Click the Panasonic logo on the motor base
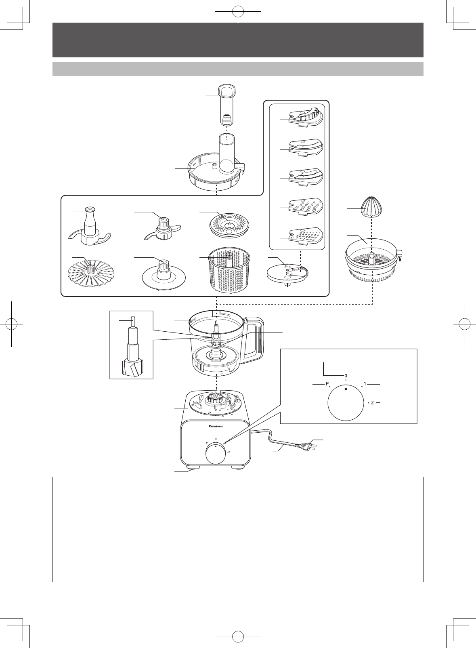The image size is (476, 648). [x=215, y=426]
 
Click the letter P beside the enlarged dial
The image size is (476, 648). [x=327, y=384]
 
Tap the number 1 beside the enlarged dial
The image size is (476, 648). [x=365, y=384]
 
